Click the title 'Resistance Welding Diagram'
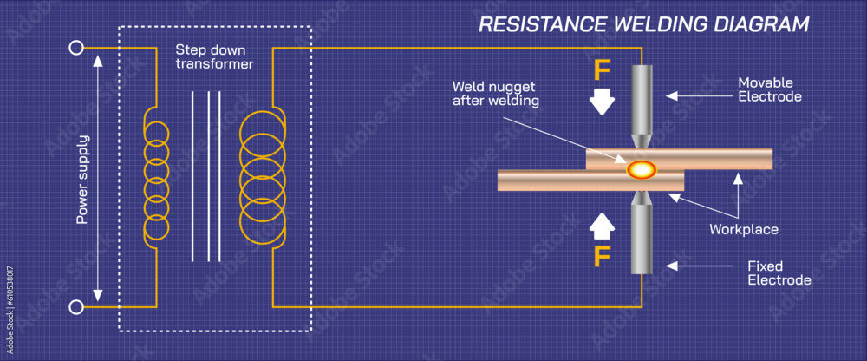644,23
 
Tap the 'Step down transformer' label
214,56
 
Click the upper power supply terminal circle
76,49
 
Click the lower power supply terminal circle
76,306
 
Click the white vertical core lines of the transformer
206,177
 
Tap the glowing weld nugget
642,169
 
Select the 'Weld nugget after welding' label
496,94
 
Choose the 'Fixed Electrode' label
779,272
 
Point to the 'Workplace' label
743,230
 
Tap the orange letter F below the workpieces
601,258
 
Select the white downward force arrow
601,103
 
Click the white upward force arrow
601,226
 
